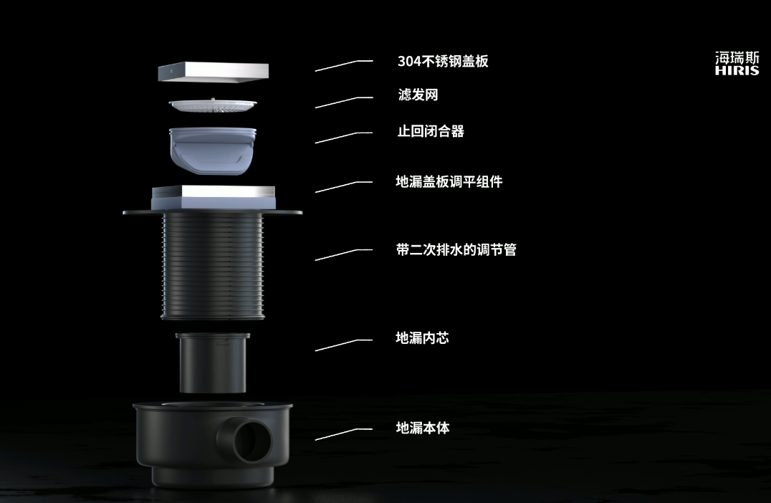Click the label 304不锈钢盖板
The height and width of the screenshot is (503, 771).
click(443, 61)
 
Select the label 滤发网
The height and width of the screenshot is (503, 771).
click(418, 95)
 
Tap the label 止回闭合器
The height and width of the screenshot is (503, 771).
click(430, 131)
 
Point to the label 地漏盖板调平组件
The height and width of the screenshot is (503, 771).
click(449, 182)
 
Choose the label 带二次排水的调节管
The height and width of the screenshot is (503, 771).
click(456, 250)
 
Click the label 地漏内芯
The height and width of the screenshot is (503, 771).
click(422, 337)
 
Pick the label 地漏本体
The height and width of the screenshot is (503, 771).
click(422, 428)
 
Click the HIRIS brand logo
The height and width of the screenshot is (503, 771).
click(737, 64)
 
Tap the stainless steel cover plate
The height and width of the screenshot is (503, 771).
click(213, 72)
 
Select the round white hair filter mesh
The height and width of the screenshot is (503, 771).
click(213, 105)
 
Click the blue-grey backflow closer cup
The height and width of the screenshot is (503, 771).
click(213, 150)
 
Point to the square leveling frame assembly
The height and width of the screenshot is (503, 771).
click(214, 198)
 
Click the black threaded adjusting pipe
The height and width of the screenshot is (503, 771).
click(213, 266)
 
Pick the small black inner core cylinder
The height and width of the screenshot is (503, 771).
click(212, 363)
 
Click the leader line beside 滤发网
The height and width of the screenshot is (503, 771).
click(344, 102)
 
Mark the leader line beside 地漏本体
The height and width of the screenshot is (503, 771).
click(344, 434)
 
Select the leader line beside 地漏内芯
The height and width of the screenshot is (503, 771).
click(344, 345)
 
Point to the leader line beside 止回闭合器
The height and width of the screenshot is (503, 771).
click(344, 138)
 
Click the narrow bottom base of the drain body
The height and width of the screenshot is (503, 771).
click(212, 476)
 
